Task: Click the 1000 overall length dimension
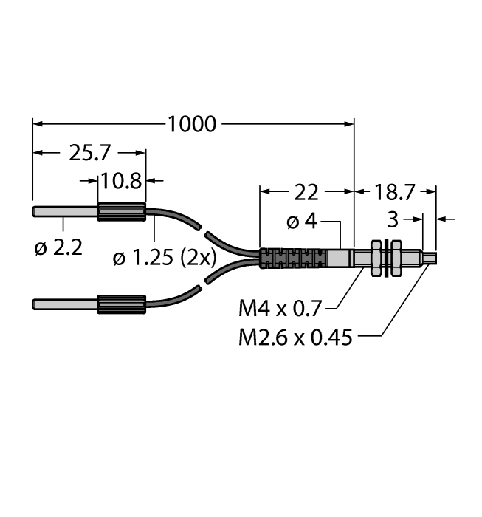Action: tap(192, 124)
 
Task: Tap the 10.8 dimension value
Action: tap(122, 179)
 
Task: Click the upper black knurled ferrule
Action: tap(121, 213)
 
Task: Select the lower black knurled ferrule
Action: tap(121, 303)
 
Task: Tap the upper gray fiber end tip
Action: tap(65, 213)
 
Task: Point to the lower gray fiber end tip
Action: tap(65, 303)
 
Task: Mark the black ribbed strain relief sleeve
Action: tap(293, 258)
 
